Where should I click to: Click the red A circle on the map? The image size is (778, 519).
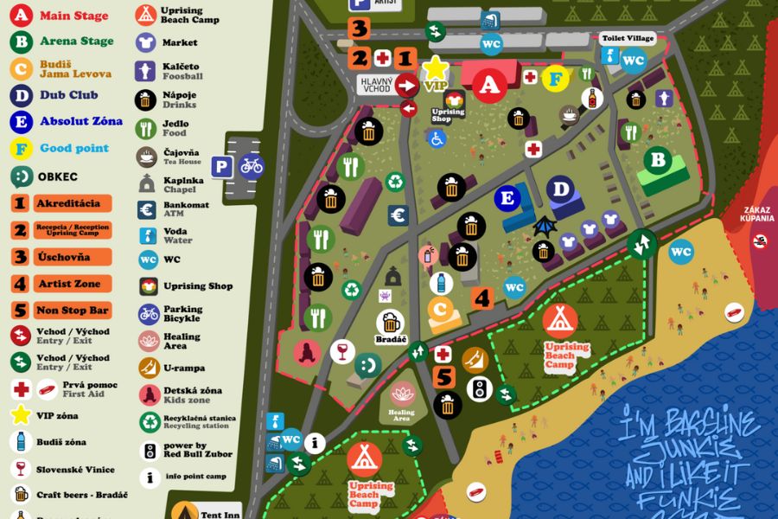[490, 85]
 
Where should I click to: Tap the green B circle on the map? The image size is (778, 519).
[658, 161]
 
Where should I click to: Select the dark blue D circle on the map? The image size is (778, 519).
[562, 189]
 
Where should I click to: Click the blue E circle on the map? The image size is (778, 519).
[507, 198]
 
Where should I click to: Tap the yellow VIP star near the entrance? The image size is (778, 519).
[436, 67]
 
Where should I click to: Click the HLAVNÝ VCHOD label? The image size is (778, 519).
[377, 84]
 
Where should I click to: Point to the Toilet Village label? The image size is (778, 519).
[628, 39]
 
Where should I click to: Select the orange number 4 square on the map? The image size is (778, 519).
[482, 298]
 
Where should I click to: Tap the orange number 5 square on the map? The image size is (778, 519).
[444, 378]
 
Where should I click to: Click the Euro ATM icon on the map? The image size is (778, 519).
[398, 215]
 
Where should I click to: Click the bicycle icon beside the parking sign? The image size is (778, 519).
[252, 164]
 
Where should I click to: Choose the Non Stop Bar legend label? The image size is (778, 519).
[73, 311]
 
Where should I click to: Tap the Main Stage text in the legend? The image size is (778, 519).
[74, 16]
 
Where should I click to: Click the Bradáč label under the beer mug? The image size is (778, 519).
[391, 340]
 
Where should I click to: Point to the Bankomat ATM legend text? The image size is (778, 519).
[185, 209]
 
